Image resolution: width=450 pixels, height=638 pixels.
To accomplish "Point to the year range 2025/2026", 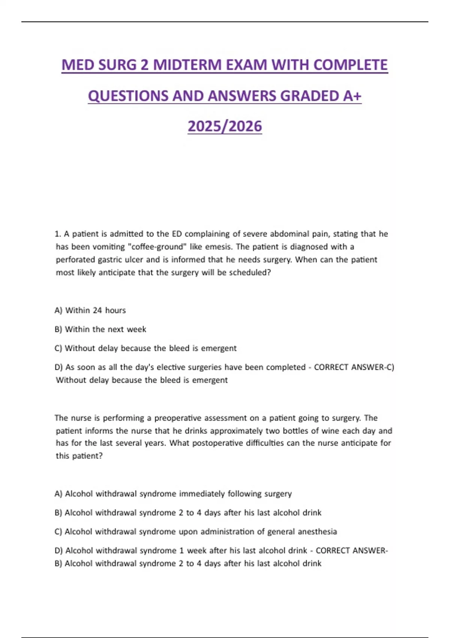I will point(225,126).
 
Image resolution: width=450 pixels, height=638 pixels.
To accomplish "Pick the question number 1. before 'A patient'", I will point(57,234).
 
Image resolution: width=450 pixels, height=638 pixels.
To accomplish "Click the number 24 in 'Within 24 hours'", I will point(97,310).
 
